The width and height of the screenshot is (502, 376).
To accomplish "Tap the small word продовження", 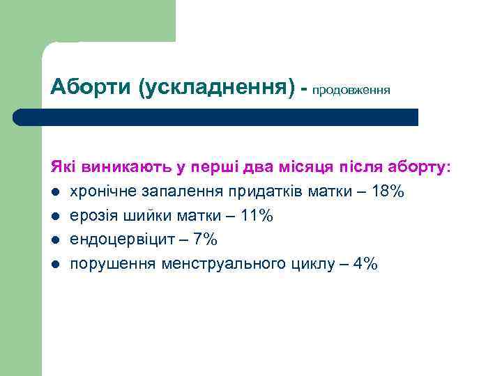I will click(x=351, y=91).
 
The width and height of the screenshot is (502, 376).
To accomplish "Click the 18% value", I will click(x=388, y=191).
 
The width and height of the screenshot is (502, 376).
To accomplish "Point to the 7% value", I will click(x=206, y=240).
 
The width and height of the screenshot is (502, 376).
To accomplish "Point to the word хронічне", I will click(x=100, y=192).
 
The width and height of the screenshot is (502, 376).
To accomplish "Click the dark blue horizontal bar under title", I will click(x=215, y=117).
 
